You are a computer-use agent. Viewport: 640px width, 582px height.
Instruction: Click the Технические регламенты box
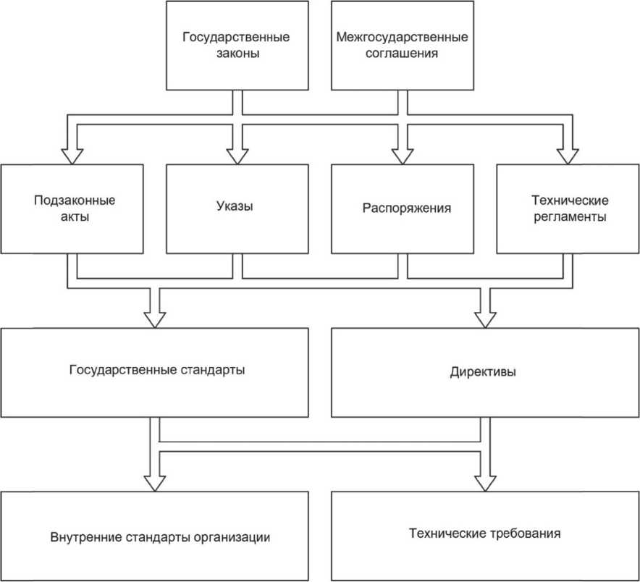(568, 208)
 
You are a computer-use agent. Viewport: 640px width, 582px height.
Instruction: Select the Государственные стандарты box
(156, 371)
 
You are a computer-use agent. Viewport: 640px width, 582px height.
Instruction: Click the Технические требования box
(484, 535)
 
